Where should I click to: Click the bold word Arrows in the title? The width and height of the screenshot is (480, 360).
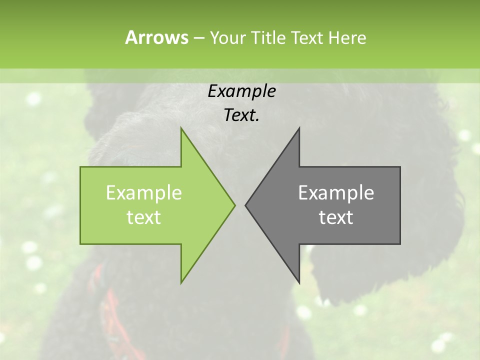tap(156, 37)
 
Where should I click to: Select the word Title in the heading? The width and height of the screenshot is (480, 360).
tap(270, 37)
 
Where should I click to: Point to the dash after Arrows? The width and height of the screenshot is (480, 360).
tap(198, 38)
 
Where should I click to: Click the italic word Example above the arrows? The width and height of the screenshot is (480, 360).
tap(241, 91)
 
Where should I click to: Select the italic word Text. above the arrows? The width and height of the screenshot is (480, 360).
tap(241, 115)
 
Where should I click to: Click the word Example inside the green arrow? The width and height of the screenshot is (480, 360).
tap(144, 192)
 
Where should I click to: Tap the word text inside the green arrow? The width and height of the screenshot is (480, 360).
tap(144, 217)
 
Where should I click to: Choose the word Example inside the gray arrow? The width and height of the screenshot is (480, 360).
tap(336, 192)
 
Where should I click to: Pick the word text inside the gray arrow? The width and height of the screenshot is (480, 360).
tap(336, 217)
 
